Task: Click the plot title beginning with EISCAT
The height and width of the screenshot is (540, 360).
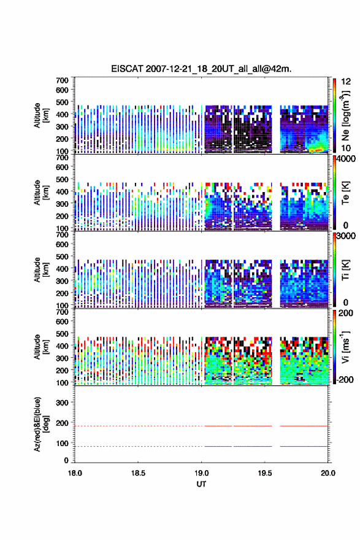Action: pyautogui.click(x=201, y=69)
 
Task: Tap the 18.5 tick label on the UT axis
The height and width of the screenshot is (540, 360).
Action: pyautogui.click(x=138, y=473)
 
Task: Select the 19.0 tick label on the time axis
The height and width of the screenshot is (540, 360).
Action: pyautogui.click(x=201, y=473)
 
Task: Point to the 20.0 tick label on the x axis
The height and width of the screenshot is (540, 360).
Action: pyautogui.click(x=328, y=473)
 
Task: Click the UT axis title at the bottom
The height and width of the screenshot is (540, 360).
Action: pyautogui.click(x=201, y=484)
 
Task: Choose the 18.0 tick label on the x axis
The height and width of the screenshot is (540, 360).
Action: pyautogui.click(x=75, y=473)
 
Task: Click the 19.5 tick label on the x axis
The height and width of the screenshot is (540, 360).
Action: pyautogui.click(x=265, y=473)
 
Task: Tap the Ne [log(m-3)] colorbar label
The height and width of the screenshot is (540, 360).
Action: pyautogui.click(x=345, y=116)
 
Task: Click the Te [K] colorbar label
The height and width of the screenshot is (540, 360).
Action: pyautogui.click(x=345, y=193)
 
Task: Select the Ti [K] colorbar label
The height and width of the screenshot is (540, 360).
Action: pyautogui.click(x=345, y=270)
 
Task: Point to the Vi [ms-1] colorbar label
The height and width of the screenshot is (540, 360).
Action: pyautogui.click(x=345, y=347)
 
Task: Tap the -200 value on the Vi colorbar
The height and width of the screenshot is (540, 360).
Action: pyautogui.click(x=343, y=379)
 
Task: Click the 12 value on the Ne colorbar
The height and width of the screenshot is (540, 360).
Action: pyautogui.click(x=346, y=82)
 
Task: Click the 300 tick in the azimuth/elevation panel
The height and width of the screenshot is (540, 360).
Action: pyautogui.click(x=63, y=403)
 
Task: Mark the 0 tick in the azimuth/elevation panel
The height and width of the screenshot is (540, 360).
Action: pyautogui.click(x=66, y=460)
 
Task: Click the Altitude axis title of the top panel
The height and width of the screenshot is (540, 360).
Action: pyautogui.click(x=40, y=116)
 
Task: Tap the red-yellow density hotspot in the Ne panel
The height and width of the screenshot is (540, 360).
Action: pyautogui.click(x=316, y=150)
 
